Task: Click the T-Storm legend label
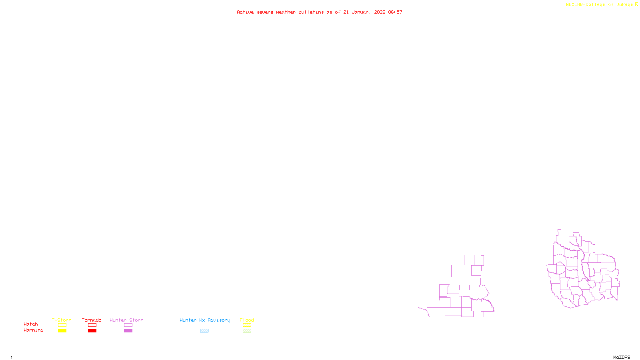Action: (62, 320)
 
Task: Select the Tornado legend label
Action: (92, 320)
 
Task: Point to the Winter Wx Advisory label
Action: (205, 320)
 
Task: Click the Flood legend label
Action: (247, 320)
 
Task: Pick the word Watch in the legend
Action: (31, 324)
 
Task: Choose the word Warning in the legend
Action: (33, 330)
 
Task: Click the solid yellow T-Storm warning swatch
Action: (62, 331)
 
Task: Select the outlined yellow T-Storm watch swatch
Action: (62, 325)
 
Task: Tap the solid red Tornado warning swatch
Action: (92, 331)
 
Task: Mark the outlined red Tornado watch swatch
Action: (92, 325)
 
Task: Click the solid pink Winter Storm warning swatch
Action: (128, 331)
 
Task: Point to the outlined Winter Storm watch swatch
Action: (128, 325)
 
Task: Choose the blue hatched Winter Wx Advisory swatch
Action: (204, 331)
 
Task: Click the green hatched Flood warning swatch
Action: (247, 331)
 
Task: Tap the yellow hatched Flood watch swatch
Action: (247, 325)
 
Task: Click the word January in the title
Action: (362, 12)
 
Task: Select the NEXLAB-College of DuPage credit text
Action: (600, 5)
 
